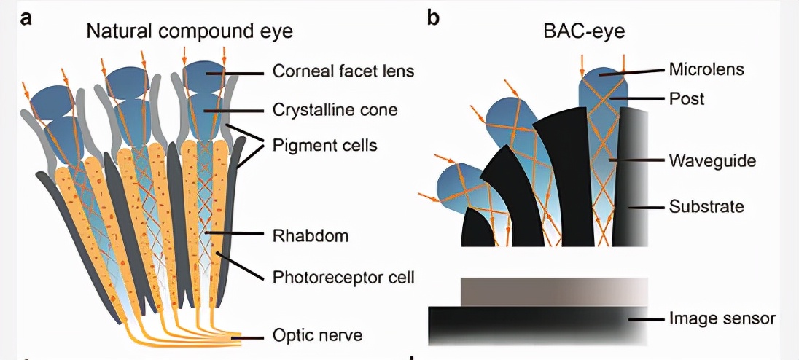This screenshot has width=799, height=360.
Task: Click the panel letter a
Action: coord(26,17)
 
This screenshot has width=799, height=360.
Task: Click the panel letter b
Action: coord(433,17)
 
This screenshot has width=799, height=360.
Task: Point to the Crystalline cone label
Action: coord(335,110)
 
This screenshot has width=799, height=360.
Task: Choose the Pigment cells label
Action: coord(324,146)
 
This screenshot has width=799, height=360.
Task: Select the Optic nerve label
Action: coord(317,336)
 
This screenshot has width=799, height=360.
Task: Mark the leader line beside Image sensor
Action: coord(647,318)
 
